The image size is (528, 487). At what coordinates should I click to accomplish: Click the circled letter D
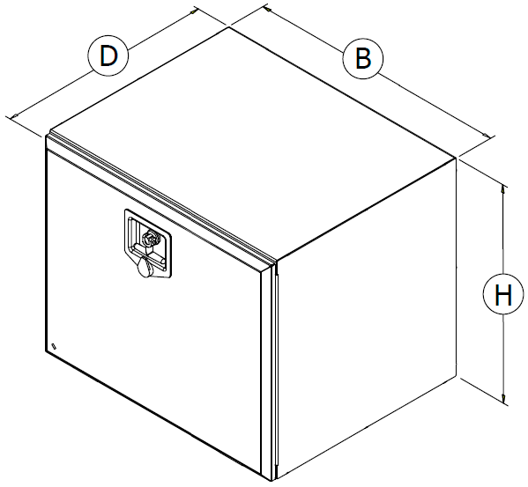point(108,55)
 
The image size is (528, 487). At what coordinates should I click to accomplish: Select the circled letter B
point(362,59)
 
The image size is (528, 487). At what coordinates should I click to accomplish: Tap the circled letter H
point(503,294)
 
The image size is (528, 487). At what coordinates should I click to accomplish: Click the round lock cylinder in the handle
point(150,238)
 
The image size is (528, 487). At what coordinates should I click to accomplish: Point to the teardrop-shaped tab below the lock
point(145,267)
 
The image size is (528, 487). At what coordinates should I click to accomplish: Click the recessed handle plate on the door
point(148,244)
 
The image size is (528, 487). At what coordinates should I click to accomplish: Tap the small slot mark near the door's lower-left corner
point(55,346)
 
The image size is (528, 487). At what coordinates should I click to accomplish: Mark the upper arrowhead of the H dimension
point(502,188)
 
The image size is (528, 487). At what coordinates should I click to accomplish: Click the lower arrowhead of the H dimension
point(503,399)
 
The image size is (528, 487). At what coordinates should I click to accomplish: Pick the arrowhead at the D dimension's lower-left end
point(15,116)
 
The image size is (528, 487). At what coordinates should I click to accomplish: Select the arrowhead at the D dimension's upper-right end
point(194,11)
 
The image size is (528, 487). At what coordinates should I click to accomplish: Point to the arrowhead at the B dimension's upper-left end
point(268,10)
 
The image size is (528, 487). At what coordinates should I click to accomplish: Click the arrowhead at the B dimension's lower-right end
point(487,136)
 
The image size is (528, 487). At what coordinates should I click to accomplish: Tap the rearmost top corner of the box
point(229,27)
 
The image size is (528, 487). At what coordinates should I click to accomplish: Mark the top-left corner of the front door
point(46,136)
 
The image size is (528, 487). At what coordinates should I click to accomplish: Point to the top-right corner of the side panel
point(456,158)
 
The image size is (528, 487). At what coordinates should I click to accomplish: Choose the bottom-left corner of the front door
point(46,351)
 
